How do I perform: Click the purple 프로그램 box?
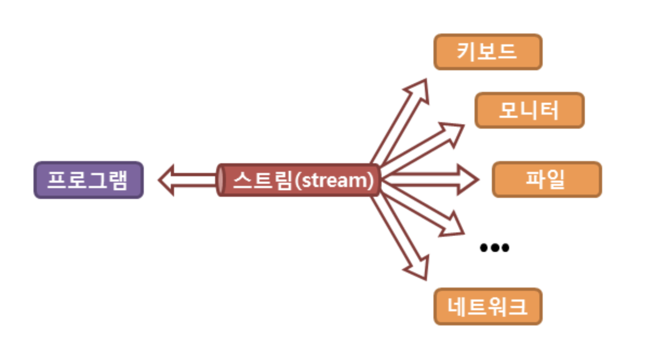click(x=89, y=180)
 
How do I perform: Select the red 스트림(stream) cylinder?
click(x=299, y=180)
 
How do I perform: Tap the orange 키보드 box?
click(x=488, y=52)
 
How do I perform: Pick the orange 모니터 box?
click(x=529, y=110)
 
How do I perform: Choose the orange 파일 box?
click(x=546, y=179)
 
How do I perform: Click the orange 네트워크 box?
click(x=488, y=306)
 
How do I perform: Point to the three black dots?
click(x=495, y=248)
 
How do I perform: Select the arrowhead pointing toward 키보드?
click(x=420, y=90)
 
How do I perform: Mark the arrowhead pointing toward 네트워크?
click(x=419, y=269)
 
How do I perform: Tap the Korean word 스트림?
click(x=262, y=180)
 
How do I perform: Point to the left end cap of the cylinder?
click(x=221, y=180)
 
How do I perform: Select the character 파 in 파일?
click(x=535, y=179)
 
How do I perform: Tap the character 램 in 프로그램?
click(x=118, y=180)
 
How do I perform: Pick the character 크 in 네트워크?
click(x=517, y=306)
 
